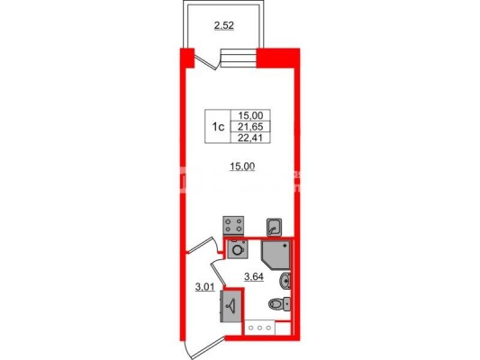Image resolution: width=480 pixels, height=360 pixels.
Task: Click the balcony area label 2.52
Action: pos(223,26)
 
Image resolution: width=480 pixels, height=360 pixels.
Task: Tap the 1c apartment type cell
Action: pos(218,126)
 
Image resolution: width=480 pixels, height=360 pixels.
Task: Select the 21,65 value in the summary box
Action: pos(250,126)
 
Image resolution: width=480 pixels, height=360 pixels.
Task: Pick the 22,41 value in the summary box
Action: pos(250,138)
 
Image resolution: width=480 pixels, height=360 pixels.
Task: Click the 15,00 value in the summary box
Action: pos(250,115)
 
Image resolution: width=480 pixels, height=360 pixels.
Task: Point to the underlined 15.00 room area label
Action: pos(242,166)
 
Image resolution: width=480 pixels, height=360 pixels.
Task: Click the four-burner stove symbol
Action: pos(233,226)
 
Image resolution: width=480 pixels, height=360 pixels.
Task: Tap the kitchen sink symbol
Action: pos(274,227)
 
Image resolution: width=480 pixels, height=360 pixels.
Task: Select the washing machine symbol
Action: pos(238,249)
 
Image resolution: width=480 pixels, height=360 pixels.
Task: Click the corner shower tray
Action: pos(276,256)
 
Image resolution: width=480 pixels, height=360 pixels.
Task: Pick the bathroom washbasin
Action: pos(285,281)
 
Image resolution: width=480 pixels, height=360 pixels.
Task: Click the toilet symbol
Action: pos(279,304)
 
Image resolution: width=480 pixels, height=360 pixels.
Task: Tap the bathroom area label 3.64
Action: pos(254,277)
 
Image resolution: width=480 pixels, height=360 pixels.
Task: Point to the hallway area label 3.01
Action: pos(205,287)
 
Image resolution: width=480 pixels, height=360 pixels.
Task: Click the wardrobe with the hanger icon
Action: pos(231,306)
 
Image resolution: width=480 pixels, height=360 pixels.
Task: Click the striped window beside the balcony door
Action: pos(239,58)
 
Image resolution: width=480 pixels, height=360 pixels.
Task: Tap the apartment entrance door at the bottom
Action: pos(205,348)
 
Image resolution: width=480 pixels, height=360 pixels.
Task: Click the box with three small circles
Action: pos(259,328)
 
